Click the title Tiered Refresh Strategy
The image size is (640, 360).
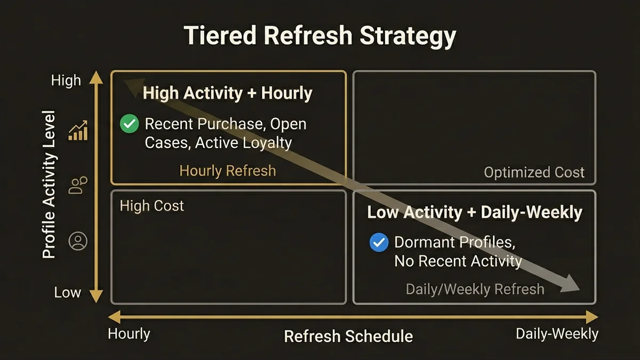tap(320, 36)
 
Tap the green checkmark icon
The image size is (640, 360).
tap(129, 124)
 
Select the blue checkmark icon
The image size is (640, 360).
tap(379, 243)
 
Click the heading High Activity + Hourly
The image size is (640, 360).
tap(228, 93)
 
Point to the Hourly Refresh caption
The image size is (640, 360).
tap(228, 171)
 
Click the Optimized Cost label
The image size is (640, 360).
tap(534, 172)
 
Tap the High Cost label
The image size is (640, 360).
tap(152, 206)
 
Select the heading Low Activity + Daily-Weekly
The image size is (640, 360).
tap(475, 212)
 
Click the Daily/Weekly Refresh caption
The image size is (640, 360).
tap(475, 289)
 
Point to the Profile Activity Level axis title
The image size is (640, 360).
tap(49, 184)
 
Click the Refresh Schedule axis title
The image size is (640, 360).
tap(348, 337)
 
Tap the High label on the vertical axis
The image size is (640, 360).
tap(66, 81)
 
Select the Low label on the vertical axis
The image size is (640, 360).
tap(67, 292)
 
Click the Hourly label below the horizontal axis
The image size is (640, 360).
tap(129, 334)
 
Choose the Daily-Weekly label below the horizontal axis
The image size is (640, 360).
tap(557, 334)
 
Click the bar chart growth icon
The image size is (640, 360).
tap(78, 131)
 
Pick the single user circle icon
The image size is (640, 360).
tap(78, 242)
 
